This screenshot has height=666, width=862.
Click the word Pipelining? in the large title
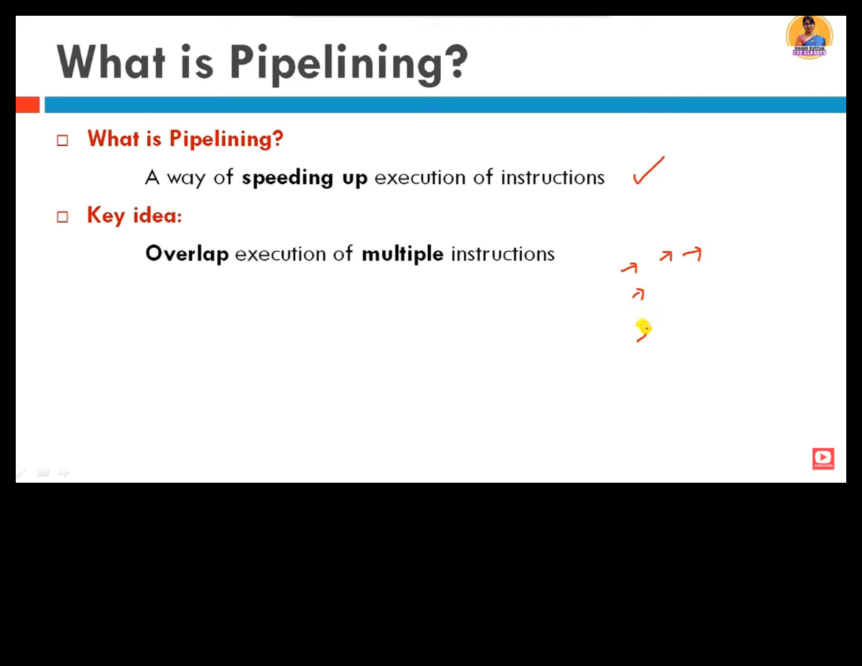click(x=348, y=63)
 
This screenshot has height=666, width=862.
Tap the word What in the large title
click(x=111, y=62)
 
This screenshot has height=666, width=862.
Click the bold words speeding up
click(x=305, y=177)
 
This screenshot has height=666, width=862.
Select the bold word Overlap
click(x=187, y=254)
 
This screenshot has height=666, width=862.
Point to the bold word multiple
click(x=402, y=254)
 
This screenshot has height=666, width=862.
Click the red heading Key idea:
click(x=134, y=216)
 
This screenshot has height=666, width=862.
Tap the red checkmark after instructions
click(x=648, y=171)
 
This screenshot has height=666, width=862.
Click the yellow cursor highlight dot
click(x=643, y=328)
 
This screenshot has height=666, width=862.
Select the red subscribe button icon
click(x=823, y=458)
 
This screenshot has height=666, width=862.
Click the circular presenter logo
click(x=810, y=36)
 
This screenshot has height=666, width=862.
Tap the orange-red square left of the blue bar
click(x=27, y=105)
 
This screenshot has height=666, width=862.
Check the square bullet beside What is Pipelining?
click(x=62, y=140)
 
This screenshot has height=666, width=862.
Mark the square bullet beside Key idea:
click(x=62, y=216)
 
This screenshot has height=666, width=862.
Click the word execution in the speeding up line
click(x=420, y=177)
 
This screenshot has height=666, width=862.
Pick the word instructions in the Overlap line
click(x=503, y=254)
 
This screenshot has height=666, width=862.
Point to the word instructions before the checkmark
click(x=552, y=177)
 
